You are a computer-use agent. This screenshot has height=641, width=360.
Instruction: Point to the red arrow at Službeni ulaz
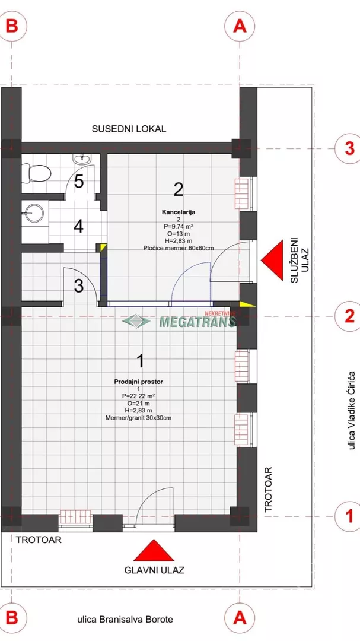click(x=272, y=261)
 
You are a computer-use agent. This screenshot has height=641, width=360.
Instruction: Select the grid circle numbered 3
click(x=349, y=148)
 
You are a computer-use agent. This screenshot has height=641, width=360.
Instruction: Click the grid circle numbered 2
click(x=349, y=316)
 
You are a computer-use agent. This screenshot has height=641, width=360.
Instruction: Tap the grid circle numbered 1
click(x=349, y=516)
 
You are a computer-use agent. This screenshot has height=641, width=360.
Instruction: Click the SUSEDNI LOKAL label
click(x=129, y=129)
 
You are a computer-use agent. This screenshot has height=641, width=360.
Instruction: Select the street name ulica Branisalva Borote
click(x=125, y=619)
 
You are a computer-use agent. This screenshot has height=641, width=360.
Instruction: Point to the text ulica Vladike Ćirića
click(x=351, y=411)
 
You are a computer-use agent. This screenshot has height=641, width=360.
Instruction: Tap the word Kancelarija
click(x=178, y=212)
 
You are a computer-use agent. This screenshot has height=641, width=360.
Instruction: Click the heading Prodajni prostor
click(x=139, y=382)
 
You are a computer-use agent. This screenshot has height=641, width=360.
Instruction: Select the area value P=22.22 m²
click(x=139, y=396)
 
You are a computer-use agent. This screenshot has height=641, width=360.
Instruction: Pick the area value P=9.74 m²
click(x=178, y=226)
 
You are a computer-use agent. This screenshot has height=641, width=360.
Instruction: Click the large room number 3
click(x=79, y=286)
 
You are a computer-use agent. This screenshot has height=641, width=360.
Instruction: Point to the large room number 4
click(x=78, y=226)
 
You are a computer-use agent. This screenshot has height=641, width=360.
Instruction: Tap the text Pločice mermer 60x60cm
click(x=178, y=247)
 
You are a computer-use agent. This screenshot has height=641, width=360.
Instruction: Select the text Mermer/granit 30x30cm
click(x=139, y=417)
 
